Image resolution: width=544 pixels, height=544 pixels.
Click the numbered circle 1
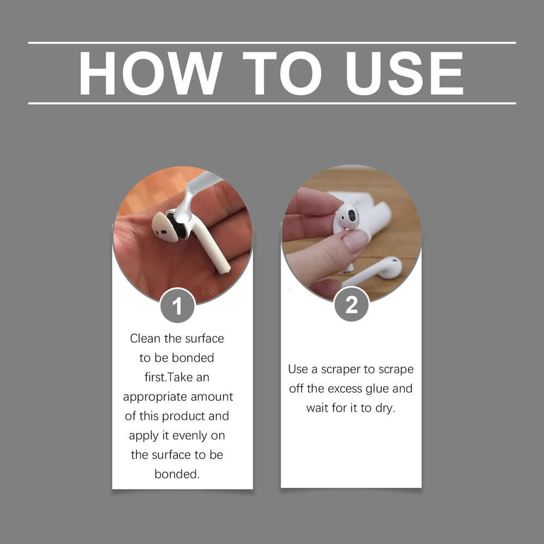click(x=177, y=306)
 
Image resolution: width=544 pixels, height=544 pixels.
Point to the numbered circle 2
click(x=351, y=305)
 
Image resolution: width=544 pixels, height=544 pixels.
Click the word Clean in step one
click(x=145, y=338)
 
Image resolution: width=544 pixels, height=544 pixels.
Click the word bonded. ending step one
click(x=177, y=474)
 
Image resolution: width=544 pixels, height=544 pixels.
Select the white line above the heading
click(x=272, y=42)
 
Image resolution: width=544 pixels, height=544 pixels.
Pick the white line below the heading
click(x=272, y=103)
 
